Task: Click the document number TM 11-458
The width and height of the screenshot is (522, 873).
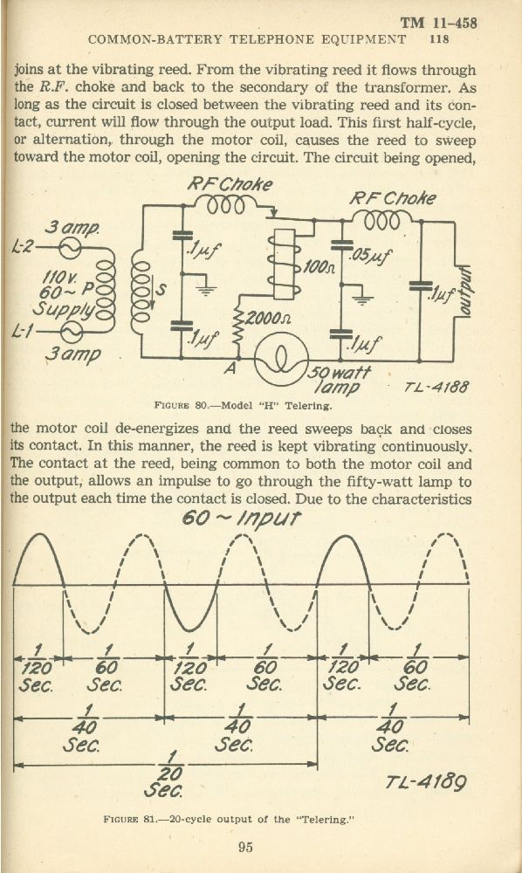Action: click(438, 23)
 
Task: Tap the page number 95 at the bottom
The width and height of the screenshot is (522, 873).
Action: click(245, 847)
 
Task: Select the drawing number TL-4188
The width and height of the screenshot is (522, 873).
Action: click(436, 386)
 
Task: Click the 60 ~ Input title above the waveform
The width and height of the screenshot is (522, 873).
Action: click(241, 519)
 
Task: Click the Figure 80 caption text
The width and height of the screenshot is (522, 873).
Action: click(243, 405)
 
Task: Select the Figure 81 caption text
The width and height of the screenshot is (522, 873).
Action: click(229, 819)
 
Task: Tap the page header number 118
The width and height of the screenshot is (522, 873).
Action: click(439, 39)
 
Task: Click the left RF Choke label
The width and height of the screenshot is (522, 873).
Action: click(230, 184)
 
